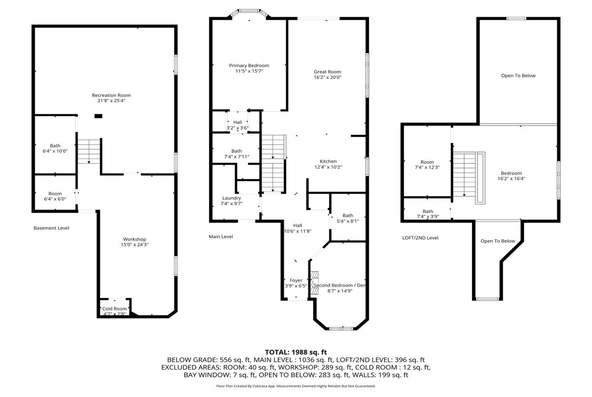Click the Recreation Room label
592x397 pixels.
pyautogui.click(x=111, y=95)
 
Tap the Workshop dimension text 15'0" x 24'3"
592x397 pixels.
pyautogui.click(x=135, y=245)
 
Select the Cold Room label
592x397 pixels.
pyautogui.click(x=114, y=309)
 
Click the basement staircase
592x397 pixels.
pyautogui.click(x=89, y=151)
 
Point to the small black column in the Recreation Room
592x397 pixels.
pyautogui.click(x=98, y=116)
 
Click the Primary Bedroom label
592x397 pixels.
pyautogui.click(x=249, y=66)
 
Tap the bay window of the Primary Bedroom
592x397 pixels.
pyautogui.click(x=250, y=13)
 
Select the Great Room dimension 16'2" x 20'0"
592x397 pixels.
pyautogui.click(x=328, y=77)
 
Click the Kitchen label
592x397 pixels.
pyautogui.click(x=328, y=161)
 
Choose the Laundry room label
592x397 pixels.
pyautogui.click(x=231, y=198)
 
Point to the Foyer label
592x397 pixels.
pyautogui.click(x=296, y=280)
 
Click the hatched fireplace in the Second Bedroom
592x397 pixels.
pyautogui.click(x=315, y=283)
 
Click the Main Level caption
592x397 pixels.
pyautogui.click(x=221, y=237)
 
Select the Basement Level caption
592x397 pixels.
pyautogui.click(x=51, y=228)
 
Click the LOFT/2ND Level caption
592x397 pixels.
pyautogui.click(x=420, y=238)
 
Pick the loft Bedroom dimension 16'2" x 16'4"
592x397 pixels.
pyautogui.click(x=512, y=179)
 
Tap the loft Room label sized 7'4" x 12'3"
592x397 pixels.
pyautogui.click(x=427, y=162)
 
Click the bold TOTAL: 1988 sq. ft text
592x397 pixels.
pyautogui.click(x=296, y=352)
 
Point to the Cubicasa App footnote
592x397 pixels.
pyautogui.click(x=296, y=386)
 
